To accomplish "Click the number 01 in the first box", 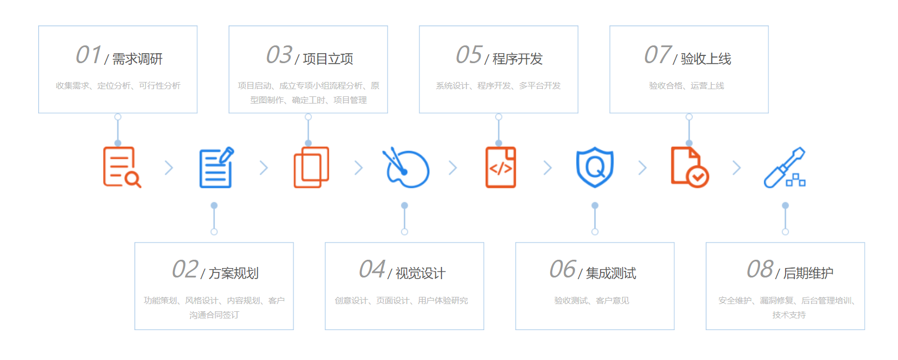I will (x=88, y=55).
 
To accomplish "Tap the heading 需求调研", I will (x=137, y=59).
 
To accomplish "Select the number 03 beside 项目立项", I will (x=279, y=55).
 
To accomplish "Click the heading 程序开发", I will (x=517, y=59).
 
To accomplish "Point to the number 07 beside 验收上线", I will (x=658, y=55).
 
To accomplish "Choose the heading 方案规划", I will (x=233, y=273).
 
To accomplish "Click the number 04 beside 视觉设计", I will (x=372, y=270).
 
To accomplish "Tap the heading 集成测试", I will (x=611, y=273).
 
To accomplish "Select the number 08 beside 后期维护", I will (x=760, y=270).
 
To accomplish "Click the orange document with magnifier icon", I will (x=121, y=167).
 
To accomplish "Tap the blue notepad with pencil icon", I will (x=216, y=167).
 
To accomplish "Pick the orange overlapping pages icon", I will (x=311, y=167).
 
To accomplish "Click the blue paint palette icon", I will (x=406, y=168).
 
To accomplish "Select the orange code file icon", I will (x=501, y=167).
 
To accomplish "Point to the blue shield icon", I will (x=595, y=167).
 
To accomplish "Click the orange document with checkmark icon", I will (x=690, y=167).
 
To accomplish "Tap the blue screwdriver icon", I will (x=784, y=167).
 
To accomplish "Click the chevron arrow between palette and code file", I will (x=453, y=168).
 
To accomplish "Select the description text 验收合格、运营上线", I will (x=686, y=86).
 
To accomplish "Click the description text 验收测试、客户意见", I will (x=592, y=301).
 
